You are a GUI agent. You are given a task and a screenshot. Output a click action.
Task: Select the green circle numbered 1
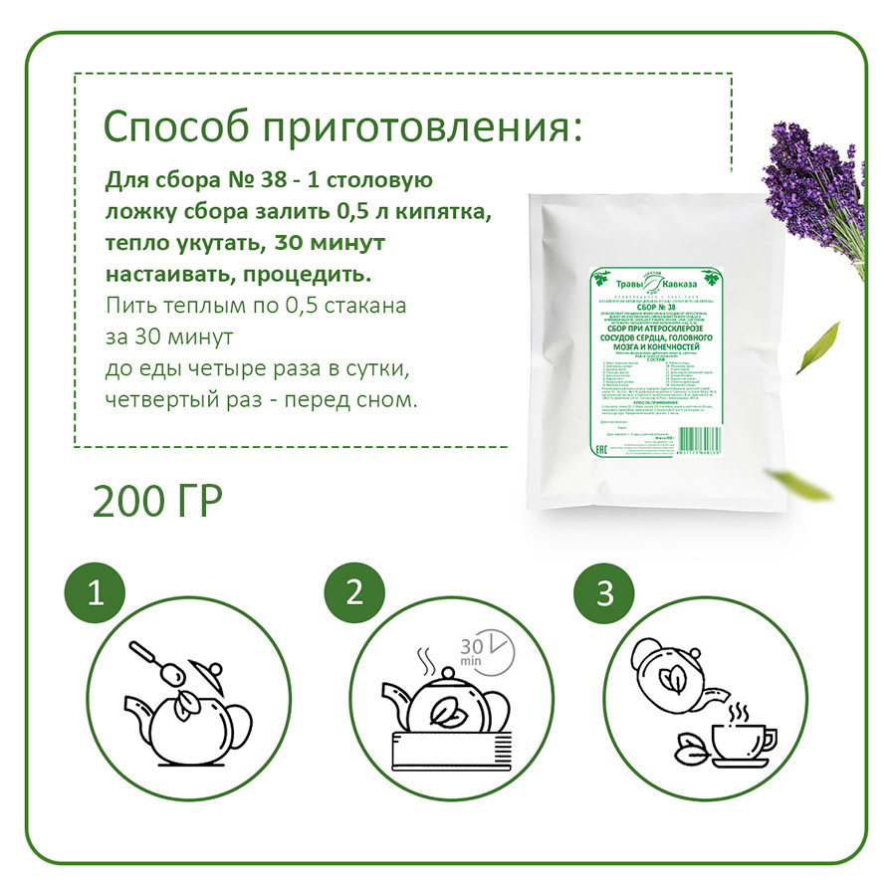coord(96,594)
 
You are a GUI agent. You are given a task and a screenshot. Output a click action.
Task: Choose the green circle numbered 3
coord(603,594)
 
